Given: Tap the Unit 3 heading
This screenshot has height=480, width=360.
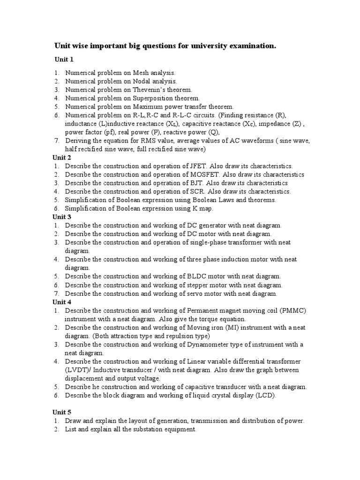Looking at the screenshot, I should pos(61,217).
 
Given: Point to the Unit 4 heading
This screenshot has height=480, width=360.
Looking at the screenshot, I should pos(61,302).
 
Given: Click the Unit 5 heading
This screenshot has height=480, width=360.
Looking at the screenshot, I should pos(61,412).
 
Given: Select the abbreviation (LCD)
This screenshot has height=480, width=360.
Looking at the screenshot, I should pos(266,395).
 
